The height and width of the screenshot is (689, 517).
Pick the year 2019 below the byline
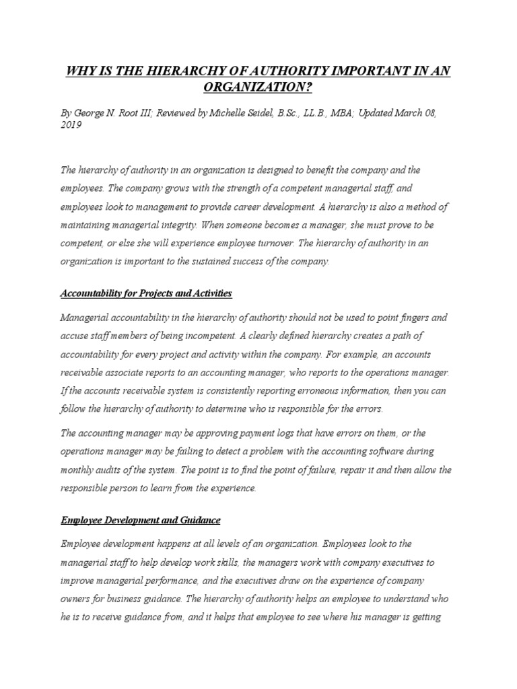click(71, 126)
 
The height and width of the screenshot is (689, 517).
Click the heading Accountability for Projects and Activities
click(146, 293)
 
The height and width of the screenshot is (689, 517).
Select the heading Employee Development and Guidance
click(141, 520)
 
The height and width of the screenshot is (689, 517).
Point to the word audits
click(110, 470)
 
